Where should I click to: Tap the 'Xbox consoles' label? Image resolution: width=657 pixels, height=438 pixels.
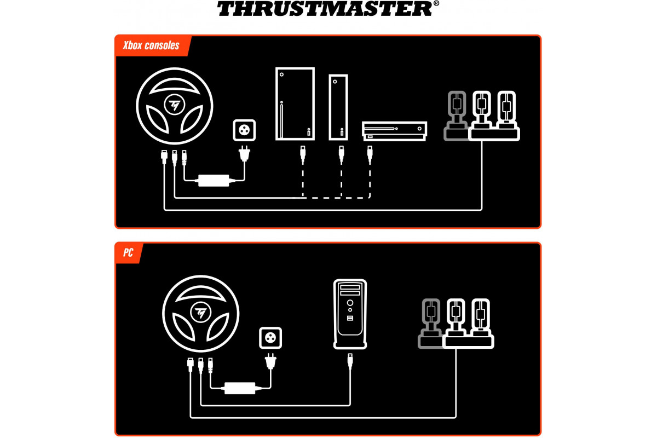(x=151, y=45)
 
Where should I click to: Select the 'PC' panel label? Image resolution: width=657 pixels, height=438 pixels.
(x=128, y=252)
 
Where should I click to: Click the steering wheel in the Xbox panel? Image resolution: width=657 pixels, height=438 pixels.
(x=175, y=106)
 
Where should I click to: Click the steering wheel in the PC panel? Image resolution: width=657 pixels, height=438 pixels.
(x=200, y=314)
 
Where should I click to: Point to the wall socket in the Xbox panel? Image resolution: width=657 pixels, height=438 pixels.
(x=244, y=130)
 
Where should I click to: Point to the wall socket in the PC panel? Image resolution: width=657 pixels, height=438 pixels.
(x=270, y=338)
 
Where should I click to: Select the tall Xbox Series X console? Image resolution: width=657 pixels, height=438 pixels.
(x=295, y=104)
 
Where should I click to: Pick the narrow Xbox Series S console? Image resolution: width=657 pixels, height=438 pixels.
(x=338, y=107)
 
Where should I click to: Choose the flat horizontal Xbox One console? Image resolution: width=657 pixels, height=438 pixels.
(x=395, y=131)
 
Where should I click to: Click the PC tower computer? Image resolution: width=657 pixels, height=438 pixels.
(x=350, y=314)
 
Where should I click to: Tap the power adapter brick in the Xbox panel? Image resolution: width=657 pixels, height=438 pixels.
(x=214, y=181)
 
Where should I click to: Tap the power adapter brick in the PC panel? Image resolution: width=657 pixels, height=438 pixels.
(x=240, y=388)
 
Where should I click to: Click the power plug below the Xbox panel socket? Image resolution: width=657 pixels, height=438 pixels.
(x=244, y=153)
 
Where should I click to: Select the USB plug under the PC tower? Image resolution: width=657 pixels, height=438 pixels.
(x=350, y=361)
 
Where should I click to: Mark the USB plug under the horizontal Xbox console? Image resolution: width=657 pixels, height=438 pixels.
(x=370, y=154)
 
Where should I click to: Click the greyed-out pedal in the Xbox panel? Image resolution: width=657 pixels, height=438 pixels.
(x=456, y=116)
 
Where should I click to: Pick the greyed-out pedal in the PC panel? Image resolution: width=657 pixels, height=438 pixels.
(x=430, y=324)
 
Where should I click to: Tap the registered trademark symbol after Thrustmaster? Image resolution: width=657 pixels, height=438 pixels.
(x=436, y=3)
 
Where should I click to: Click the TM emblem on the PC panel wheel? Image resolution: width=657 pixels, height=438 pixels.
(x=200, y=313)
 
